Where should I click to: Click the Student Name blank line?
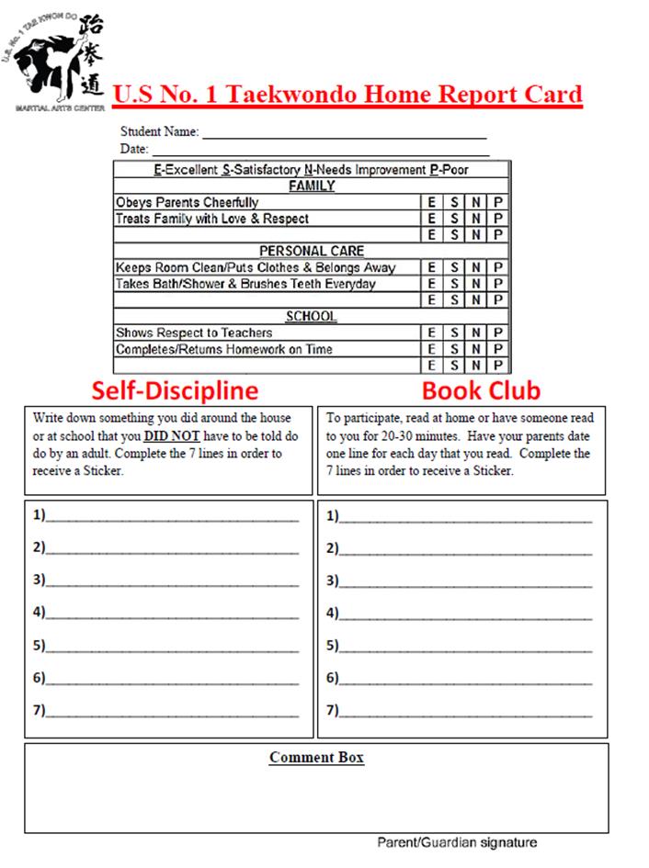(x=344, y=134)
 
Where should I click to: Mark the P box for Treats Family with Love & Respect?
(x=497, y=219)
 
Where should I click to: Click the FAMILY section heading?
(x=312, y=186)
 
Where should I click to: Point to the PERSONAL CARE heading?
(x=312, y=251)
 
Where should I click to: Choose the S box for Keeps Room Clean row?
(x=454, y=267)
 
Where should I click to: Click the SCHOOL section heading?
(x=311, y=317)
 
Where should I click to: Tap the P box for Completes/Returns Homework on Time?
(x=497, y=349)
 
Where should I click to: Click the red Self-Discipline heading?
(x=174, y=390)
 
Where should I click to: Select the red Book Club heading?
(x=481, y=390)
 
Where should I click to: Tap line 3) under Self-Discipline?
(x=172, y=581)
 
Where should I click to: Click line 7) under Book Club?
(x=465, y=712)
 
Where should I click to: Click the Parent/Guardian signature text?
(x=457, y=842)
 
